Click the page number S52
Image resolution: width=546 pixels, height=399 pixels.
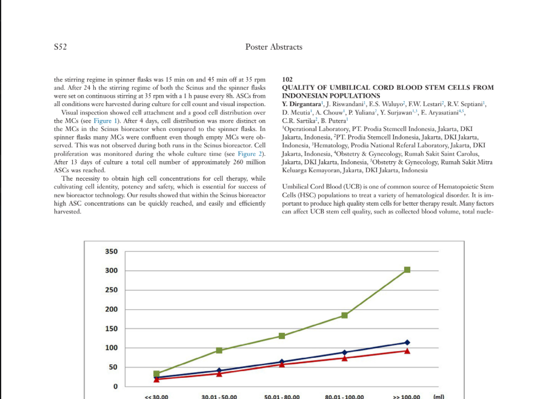click(x=60, y=47)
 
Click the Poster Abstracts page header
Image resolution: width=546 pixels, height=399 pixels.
click(x=273, y=47)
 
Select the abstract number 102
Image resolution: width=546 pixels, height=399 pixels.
click(x=288, y=79)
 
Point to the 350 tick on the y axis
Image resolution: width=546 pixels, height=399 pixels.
click(x=111, y=252)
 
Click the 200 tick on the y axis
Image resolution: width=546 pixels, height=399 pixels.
click(x=111, y=309)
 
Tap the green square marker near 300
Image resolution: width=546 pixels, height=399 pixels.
click(x=407, y=269)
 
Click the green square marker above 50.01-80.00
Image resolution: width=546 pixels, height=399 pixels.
click(x=282, y=336)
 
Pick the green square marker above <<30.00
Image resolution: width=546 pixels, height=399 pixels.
click(x=157, y=374)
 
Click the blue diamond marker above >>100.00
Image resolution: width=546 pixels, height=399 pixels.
click(x=407, y=343)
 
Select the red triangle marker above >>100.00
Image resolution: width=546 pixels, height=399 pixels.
click(x=407, y=351)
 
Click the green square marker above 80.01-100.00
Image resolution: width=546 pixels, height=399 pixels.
click(x=345, y=315)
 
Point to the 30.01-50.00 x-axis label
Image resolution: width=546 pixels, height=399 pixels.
click(x=219, y=397)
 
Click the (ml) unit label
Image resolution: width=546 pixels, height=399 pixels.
click(x=439, y=396)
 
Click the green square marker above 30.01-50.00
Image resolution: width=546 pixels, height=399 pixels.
click(x=219, y=350)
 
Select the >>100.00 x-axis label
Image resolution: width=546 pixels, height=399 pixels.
click(x=407, y=397)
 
